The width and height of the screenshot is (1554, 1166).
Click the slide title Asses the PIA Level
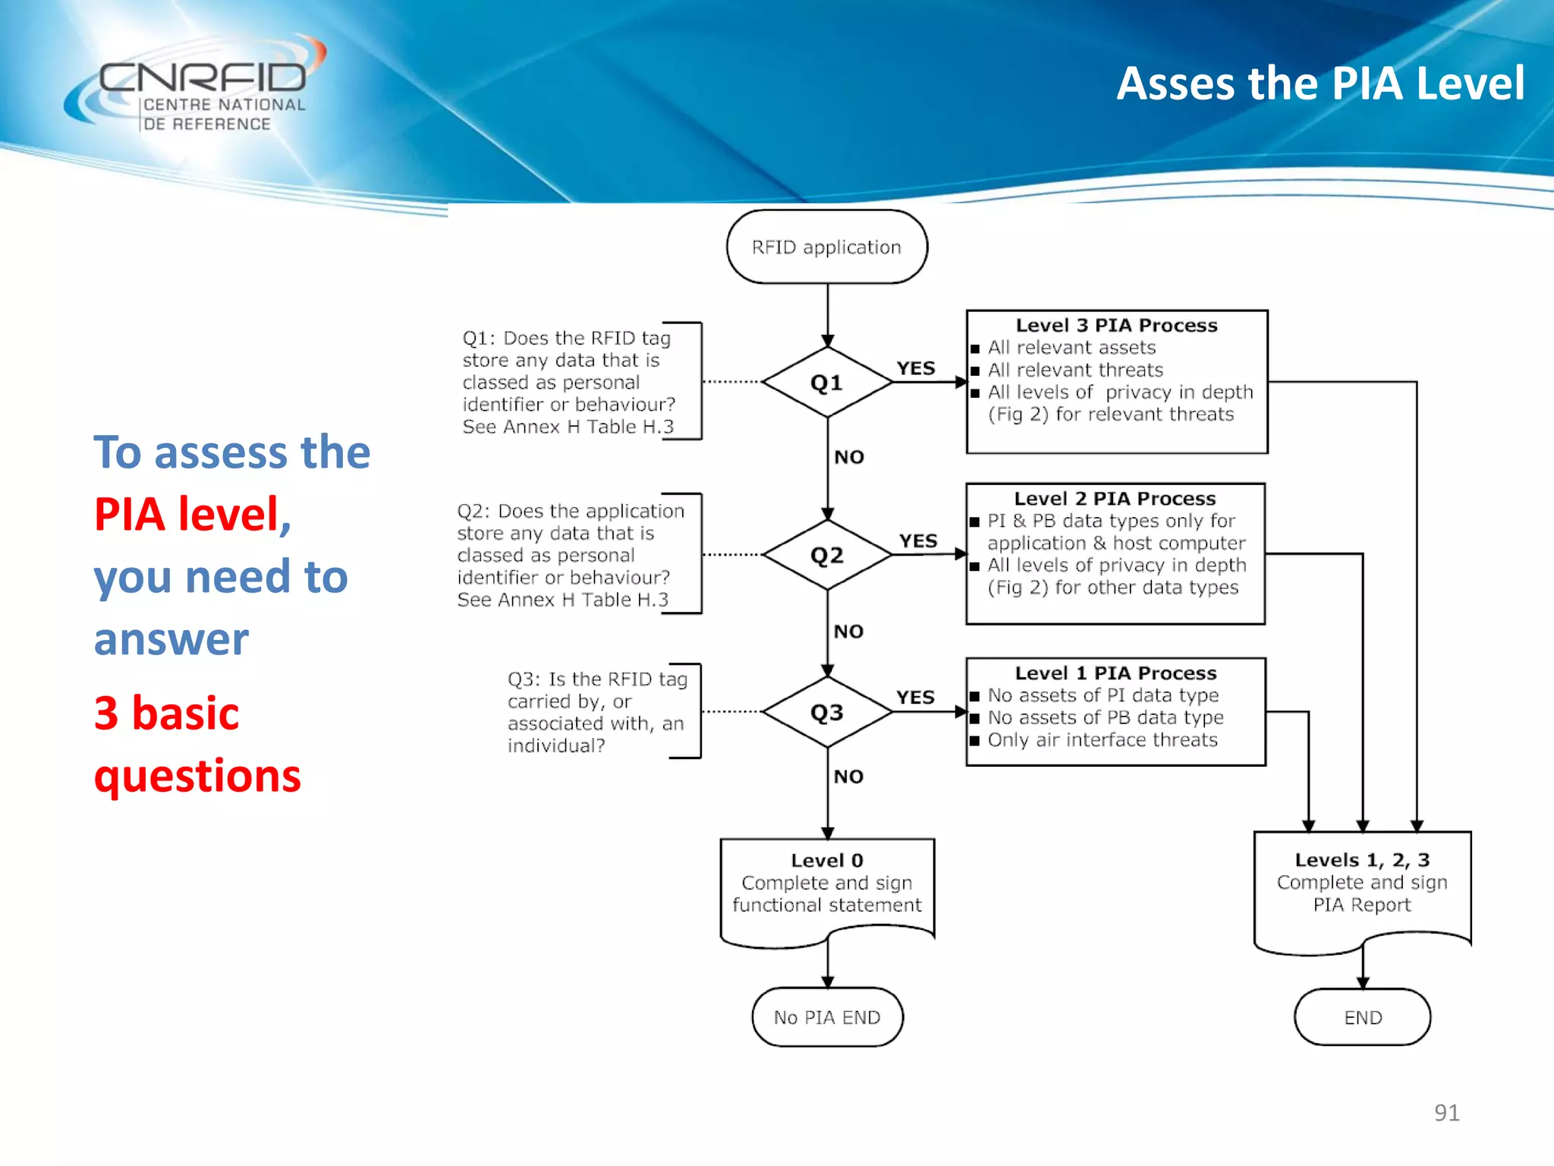coord(1320,84)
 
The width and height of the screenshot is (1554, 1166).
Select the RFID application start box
coord(826,247)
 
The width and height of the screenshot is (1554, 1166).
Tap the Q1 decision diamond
coord(826,383)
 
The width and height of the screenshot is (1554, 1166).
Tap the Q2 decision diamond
coord(826,556)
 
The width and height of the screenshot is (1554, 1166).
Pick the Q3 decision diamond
coord(826,713)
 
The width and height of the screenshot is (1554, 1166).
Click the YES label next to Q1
coord(916,369)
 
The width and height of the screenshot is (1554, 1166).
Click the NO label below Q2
coord(848,632)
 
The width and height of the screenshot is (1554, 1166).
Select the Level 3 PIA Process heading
coord(1116,326)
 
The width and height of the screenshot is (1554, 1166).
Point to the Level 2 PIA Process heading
coord(1115,499)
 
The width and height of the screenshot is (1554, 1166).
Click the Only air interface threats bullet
coord(1102,740)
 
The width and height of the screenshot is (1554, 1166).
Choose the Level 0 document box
coord(826,888)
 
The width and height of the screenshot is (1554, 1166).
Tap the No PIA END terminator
coord(826,1018)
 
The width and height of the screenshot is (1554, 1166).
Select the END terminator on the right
coord(1363,1018)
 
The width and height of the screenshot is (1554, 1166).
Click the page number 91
coord(1446,1113)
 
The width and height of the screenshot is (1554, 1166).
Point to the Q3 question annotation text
coord(596,712)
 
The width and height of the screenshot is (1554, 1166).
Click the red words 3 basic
coord(166,714)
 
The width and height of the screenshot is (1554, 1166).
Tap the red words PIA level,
coord(192,515)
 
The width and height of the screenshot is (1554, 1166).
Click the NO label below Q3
coord(848,777)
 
